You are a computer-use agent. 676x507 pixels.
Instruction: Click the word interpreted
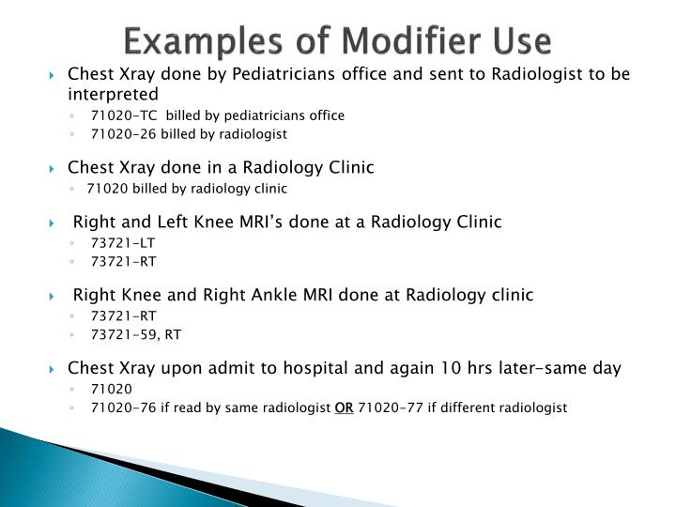pos(114,94)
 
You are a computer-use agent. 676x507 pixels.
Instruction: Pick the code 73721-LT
pos(123,242)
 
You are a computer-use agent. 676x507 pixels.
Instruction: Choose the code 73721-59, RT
pos(137,333)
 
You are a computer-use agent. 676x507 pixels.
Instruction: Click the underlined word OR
pos(344,407)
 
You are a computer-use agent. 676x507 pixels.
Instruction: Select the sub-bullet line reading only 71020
pos(112,388)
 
